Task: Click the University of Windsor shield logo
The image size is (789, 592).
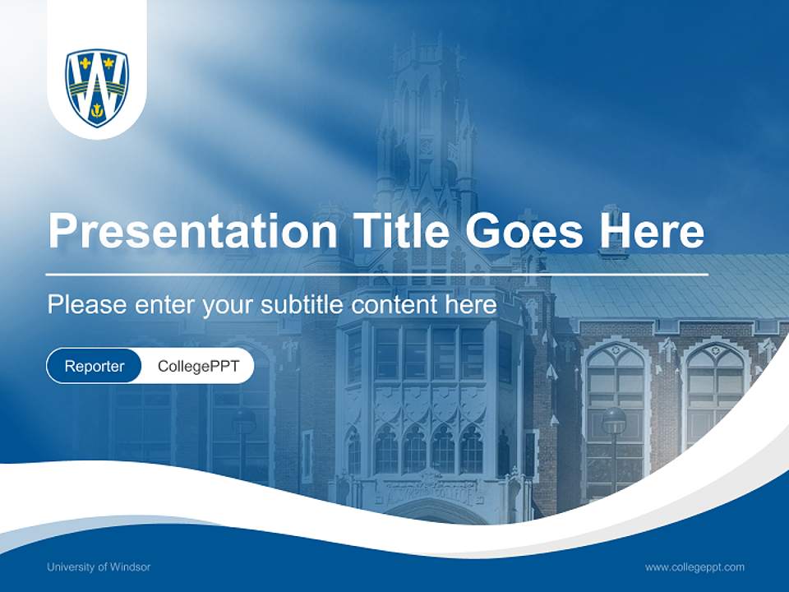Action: (97, 86)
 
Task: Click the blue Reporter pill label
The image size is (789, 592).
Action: (95, 366)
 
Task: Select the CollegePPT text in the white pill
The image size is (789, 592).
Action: (198, 366)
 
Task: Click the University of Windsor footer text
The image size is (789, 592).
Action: (99, 567)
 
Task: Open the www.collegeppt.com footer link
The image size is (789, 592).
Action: (694, 567)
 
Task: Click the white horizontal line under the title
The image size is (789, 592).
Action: (377, 274)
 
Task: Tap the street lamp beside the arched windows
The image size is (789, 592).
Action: (614, 421)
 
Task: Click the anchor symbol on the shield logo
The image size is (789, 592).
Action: (97, 110)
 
